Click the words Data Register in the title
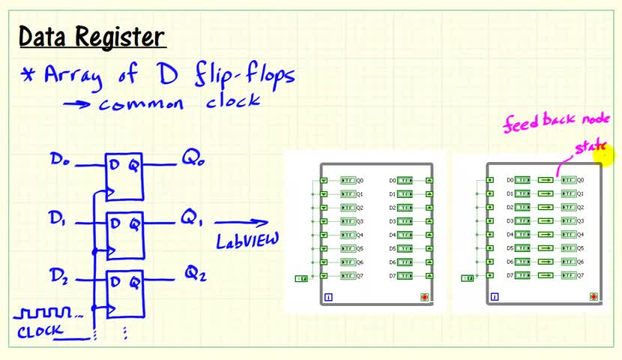91,37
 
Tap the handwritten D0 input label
61,159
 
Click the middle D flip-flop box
124,233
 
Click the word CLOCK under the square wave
40,330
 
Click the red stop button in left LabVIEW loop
424,298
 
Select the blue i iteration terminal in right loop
494,298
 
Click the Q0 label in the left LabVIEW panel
360,181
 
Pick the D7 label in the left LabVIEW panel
392,276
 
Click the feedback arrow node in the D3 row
546,221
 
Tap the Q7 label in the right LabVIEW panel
580,276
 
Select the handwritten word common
141,103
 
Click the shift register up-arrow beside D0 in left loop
429,181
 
